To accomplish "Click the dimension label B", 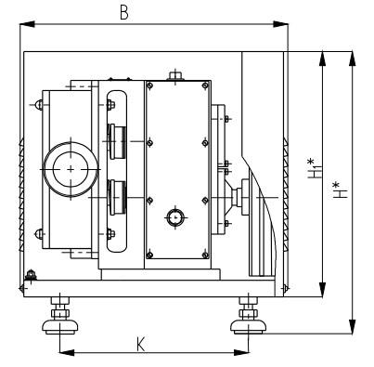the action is [x=124, y=13].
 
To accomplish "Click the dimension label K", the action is [x=141, y=344].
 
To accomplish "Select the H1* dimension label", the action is [x=315, y=168].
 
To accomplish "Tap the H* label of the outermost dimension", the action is [x=340, y=190].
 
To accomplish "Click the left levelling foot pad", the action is [x=59, y=327].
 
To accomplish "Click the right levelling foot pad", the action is [x=248, y=327].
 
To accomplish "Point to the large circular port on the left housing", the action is [x=71, y=169].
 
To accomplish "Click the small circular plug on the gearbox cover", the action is [x=175, y=217].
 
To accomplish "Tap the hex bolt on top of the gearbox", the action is [x=175, y=75].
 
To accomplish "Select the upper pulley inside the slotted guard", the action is [x=117, y=141].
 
